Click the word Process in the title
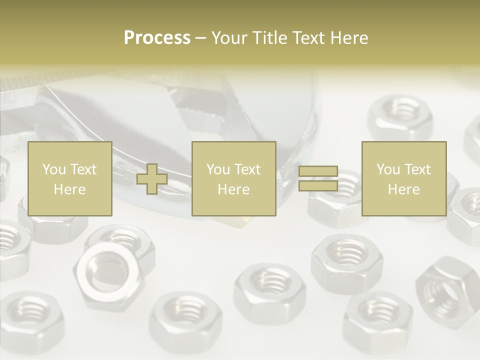coord(157,38)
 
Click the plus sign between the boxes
coord(152,179)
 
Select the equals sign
coord(318,178)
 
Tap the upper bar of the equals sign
coord(318,171)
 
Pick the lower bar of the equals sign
coord(318,185)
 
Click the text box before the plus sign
coord(69,178)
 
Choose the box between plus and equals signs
coord(233,178)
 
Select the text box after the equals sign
coord(403,178)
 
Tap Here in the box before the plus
coord(69,189)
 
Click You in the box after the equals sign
coord(388,169)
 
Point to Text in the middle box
coord(248,169)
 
